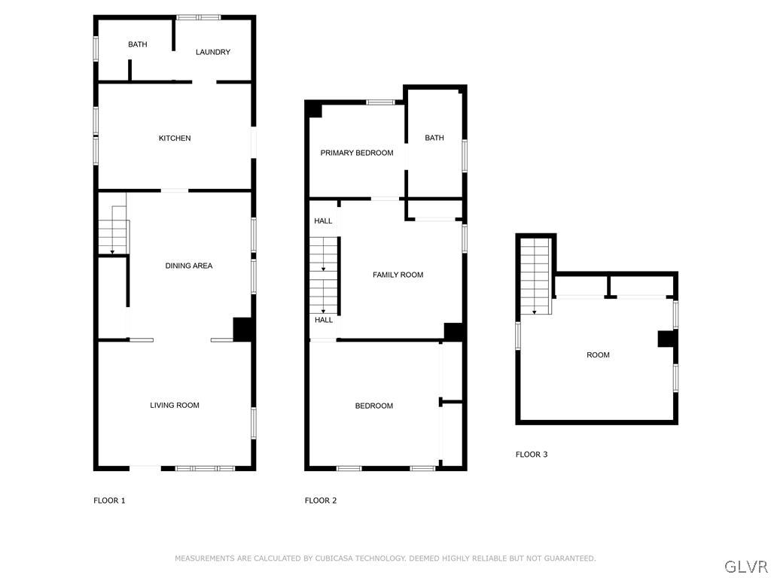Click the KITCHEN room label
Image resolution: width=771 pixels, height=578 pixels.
[x=175, y=138]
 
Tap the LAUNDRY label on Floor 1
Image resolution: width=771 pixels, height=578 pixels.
[x=212, y=52]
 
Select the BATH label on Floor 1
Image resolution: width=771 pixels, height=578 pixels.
[x=138, y=44]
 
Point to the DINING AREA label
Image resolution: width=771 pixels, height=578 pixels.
[x=189, y=266]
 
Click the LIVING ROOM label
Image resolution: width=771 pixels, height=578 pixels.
[x=175, y=406]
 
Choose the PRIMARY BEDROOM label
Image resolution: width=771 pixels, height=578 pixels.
[x=357, y=153]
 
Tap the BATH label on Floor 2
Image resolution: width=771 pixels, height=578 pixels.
[x=434, y=138]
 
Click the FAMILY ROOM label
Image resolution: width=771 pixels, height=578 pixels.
[x=398, y=275]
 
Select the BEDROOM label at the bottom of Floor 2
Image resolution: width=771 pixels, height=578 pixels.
[x=374, y=406]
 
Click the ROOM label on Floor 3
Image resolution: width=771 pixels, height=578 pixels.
[x=599, y=355]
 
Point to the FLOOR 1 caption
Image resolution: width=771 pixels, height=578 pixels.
[x=109, y=500]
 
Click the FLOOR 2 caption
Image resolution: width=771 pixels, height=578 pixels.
[x=321, y=500]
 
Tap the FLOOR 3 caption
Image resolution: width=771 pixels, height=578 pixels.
[x=532, y=455]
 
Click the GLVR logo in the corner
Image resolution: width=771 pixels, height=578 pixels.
[x=745, y=566]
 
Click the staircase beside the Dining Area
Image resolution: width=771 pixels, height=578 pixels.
[x=113, y=230]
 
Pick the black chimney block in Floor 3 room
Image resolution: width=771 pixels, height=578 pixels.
[x=666, y=339]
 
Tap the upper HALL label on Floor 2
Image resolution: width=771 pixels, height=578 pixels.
[x=323, y=221]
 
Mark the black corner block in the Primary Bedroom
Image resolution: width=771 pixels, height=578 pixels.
[x=314, y=110]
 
